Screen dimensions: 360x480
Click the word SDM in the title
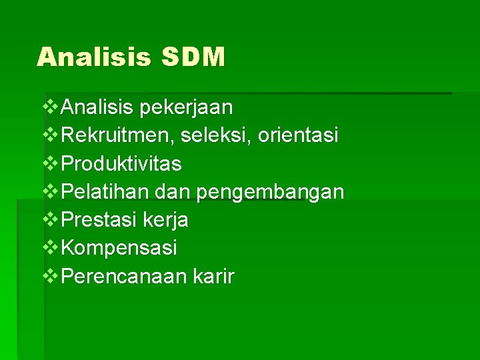coord(193,57)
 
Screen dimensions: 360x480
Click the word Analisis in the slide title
coord(95,57)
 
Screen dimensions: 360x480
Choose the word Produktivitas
coord(121,163)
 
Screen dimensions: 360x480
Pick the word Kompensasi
coord(119,248)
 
